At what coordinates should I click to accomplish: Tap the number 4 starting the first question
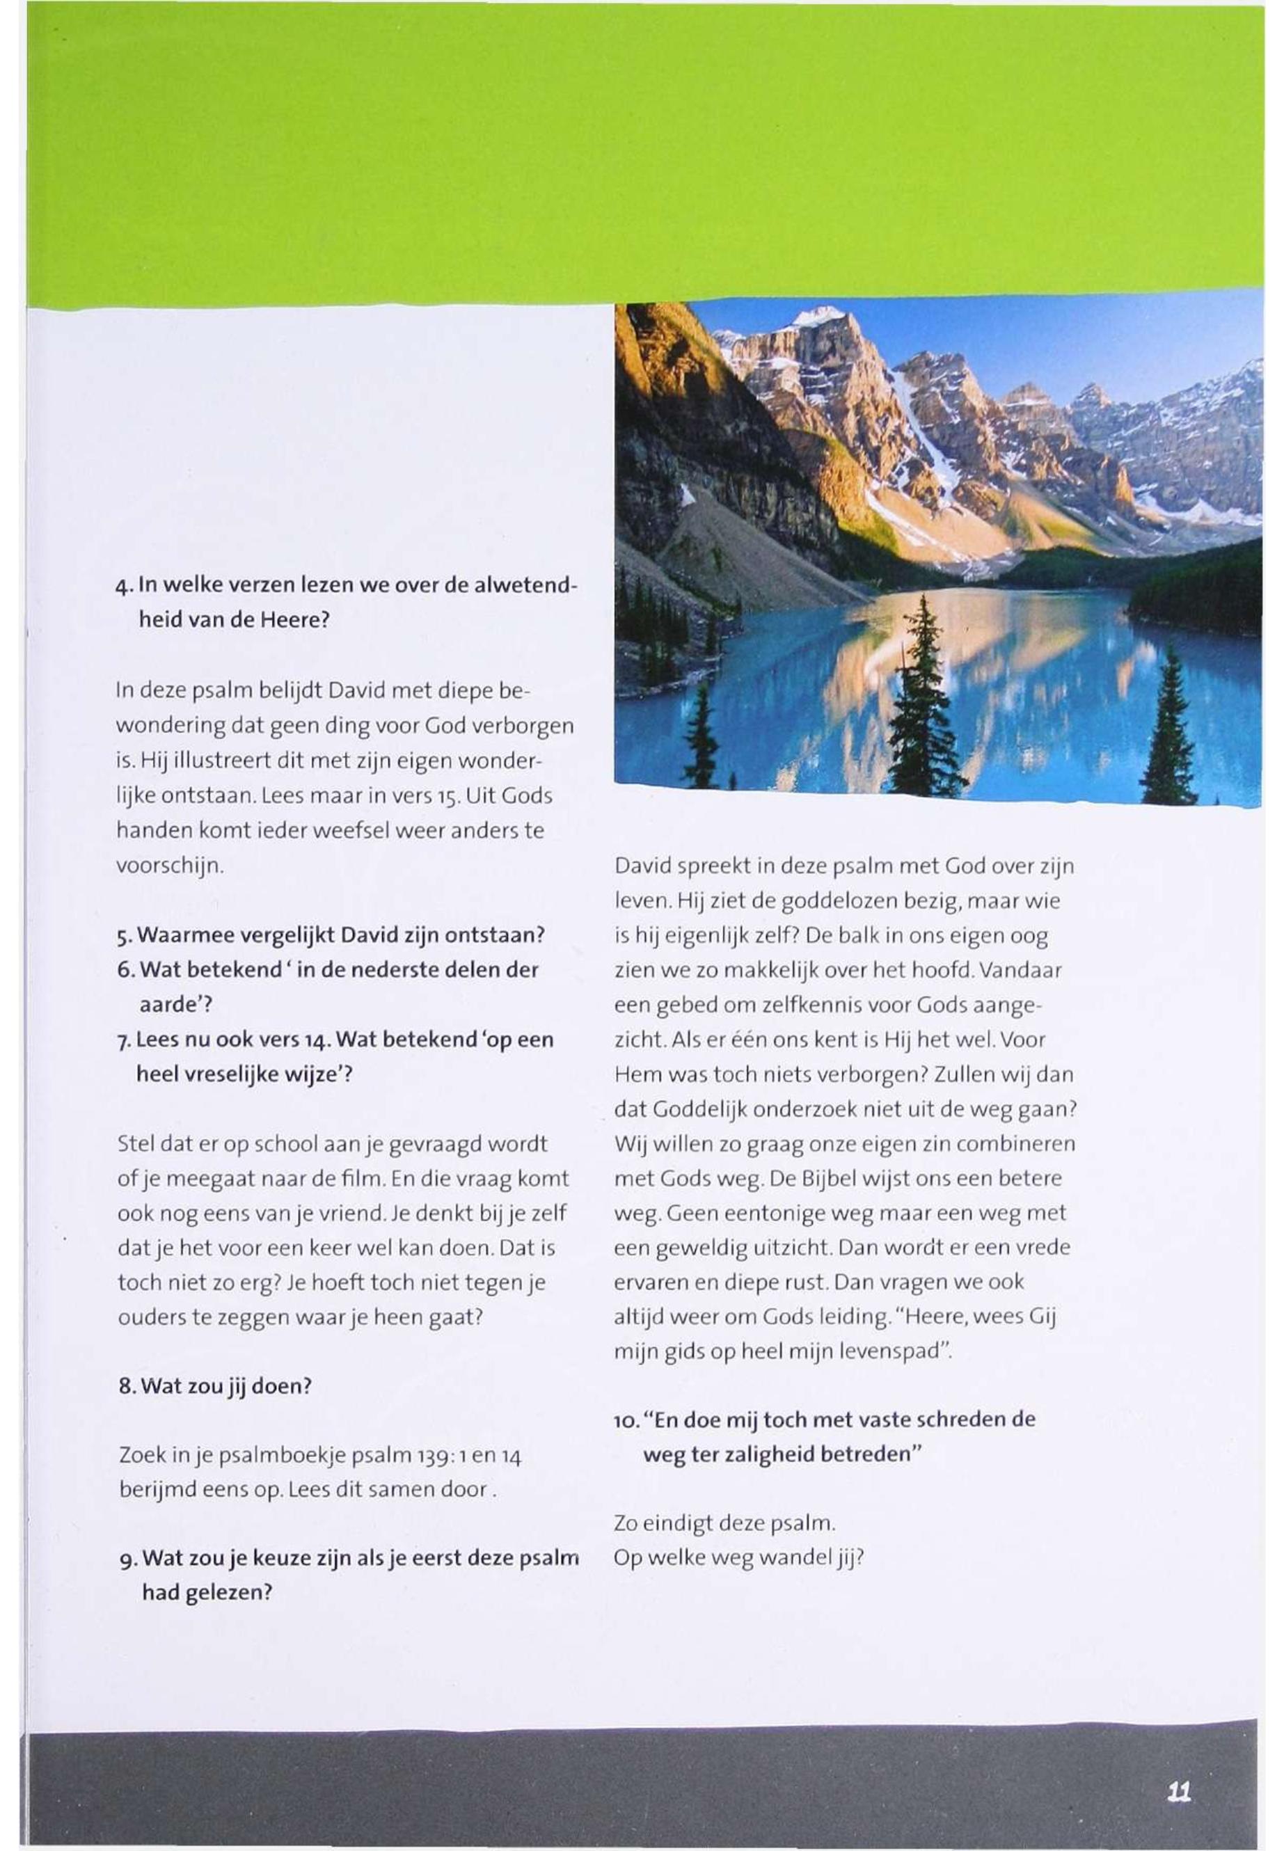tap(120, 587)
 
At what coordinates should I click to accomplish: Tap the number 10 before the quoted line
tap(625, 1421)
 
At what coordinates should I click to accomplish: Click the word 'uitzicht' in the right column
tap(778, 1248)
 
